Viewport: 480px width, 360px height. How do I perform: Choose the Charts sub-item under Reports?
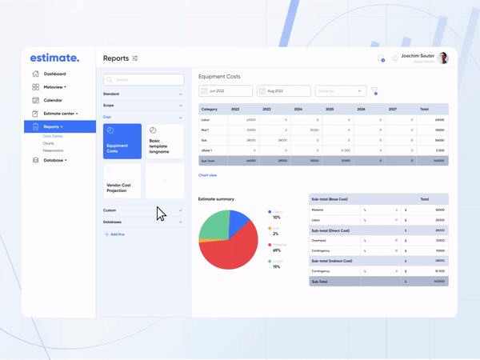coord(49,144)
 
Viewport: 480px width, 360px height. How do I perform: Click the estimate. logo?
coord(54,58)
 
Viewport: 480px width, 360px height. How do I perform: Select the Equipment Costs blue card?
coord(123,142)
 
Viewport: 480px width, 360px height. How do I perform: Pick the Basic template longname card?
coord(164,142)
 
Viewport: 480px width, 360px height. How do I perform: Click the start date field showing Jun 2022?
coord(226,91)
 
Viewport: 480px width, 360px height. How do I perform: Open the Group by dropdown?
coord(340,91)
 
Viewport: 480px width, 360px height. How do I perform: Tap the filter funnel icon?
coord(374,91)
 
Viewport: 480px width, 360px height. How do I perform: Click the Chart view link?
coord(207,175)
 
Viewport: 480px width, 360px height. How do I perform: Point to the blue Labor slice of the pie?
coord(241,224)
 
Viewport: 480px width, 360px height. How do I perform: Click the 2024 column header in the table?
coord(298,109)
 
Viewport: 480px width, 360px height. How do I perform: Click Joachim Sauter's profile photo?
coord(443,58)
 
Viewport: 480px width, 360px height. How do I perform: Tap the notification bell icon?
coord(395,58)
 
